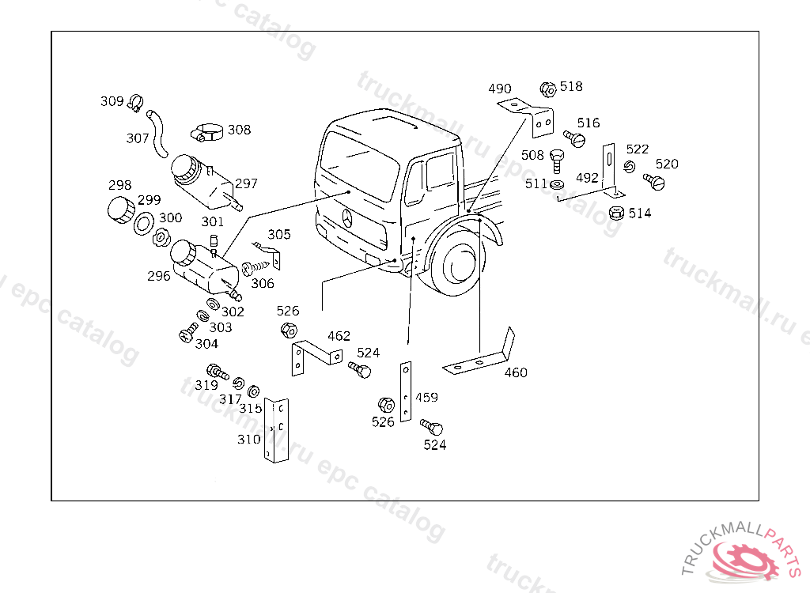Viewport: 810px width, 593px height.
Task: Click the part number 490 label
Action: [499, 89]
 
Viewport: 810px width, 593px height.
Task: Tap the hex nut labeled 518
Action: [547, 89]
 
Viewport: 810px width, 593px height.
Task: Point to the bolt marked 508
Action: [556, 160]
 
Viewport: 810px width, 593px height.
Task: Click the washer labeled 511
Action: [556, 184]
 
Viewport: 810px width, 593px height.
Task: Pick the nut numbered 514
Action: [617, 213]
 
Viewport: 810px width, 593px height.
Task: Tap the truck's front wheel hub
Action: [457, 263]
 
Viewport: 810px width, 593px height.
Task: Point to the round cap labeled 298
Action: [120, 210]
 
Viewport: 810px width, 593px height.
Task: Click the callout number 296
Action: [158, 277]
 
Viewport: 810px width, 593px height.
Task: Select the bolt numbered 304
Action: [187, 334]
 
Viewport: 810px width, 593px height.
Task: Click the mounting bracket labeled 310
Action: [275, 430]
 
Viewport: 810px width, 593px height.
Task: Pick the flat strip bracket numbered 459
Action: [406, 391]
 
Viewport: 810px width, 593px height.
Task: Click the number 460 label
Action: [516, 372]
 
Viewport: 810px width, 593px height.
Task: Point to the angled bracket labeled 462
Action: [310, 354]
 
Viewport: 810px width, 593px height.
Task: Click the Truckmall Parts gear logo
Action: [744, 557]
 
